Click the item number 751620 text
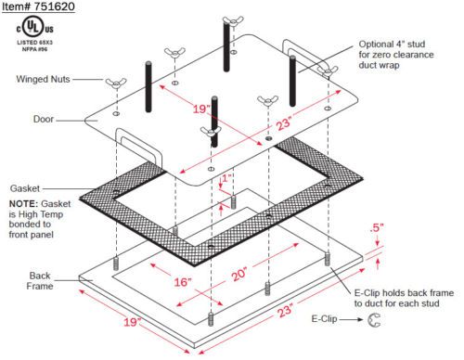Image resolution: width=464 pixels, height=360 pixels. click(x=38, y=6)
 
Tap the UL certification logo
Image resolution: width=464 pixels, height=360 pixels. click(x=34, y=28)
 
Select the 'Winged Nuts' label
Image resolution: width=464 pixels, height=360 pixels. click(x=43, y=79)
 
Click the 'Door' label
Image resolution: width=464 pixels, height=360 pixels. click(x=44, y=119)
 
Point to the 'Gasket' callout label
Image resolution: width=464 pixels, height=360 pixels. click(x=25, y=188)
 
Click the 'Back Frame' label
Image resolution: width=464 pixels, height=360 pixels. click(x=40, y=281)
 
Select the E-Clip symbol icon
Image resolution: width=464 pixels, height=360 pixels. click(x=374, y=320)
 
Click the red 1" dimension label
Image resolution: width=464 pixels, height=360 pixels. click(x=226, y=178)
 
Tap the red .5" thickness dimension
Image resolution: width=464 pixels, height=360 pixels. click(x=377, y=228)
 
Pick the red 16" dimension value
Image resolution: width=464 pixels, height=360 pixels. click(x=183, y=282)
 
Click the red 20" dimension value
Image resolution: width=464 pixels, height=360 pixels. click(x=239, y=274)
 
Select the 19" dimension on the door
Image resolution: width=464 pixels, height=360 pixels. click(x=201, y=109)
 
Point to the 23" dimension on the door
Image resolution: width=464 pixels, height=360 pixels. click(x=284, y=123)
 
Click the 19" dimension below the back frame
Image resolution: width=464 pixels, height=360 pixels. click(x=133, y=322)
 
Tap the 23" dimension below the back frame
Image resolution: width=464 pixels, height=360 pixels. click(x=285, y=311)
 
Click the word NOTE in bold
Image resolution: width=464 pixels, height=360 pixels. click(x=23, y=204)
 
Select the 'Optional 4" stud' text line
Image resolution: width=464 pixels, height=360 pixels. click(x=392, y=45)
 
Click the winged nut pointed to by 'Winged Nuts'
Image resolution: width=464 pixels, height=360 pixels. click(x=116, y=83)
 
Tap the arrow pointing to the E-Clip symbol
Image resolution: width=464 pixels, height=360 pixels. click(x=352, y=319)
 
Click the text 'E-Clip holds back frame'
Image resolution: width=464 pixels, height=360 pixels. click(x=404, y=293)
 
